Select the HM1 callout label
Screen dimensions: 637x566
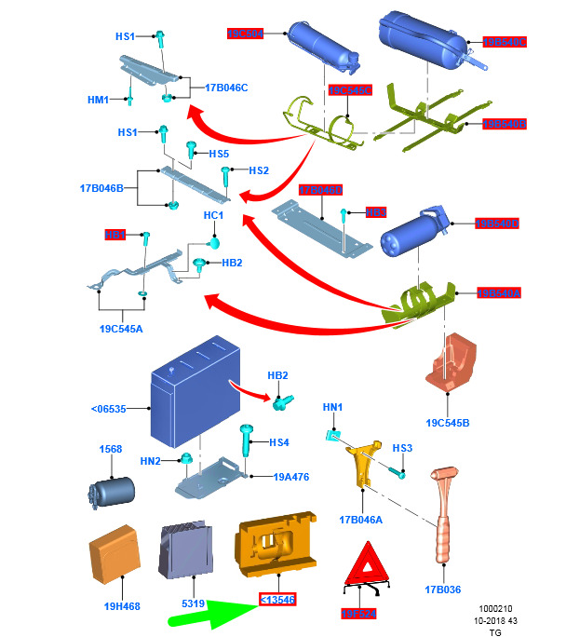[99, 100]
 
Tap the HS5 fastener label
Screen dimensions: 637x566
[219, 154]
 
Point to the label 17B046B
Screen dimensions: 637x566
[101, 188]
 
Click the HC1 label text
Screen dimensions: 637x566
[214, 216]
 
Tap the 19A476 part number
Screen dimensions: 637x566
[291, 477]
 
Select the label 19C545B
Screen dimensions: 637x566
[448, 423]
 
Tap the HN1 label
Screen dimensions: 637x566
[332, 407]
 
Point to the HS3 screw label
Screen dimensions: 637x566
[401, 449]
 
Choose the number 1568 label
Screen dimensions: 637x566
[111, 449]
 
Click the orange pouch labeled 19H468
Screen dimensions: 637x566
[114, 560]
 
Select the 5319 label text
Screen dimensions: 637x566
[193, 603]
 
